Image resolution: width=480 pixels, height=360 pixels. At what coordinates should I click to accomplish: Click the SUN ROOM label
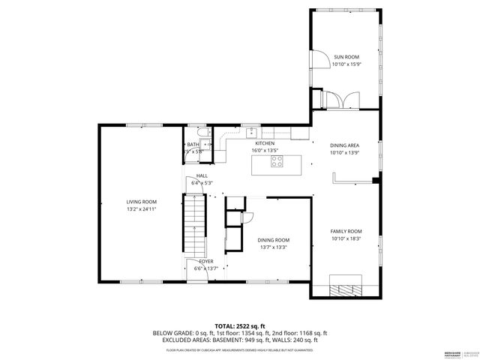pos(346,57)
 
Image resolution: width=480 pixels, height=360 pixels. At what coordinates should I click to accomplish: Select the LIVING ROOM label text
pos(141,202)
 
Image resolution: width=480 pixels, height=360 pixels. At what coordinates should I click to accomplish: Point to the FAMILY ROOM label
pos(346,231)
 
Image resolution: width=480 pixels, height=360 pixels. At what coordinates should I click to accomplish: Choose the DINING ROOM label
pos(273,239)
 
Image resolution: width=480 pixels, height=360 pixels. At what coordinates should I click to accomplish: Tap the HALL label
pos(202,175)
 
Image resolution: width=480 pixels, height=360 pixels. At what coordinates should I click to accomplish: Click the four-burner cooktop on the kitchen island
pos(277,159)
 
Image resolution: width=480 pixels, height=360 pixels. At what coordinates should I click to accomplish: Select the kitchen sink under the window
pos(253,133)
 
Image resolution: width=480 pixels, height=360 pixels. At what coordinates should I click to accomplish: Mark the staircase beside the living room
pos(193,223)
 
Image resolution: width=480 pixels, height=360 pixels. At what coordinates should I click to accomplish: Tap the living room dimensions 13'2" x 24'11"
pos(141,210)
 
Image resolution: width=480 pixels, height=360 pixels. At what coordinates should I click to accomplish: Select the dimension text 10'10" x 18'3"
pos(346,239)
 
